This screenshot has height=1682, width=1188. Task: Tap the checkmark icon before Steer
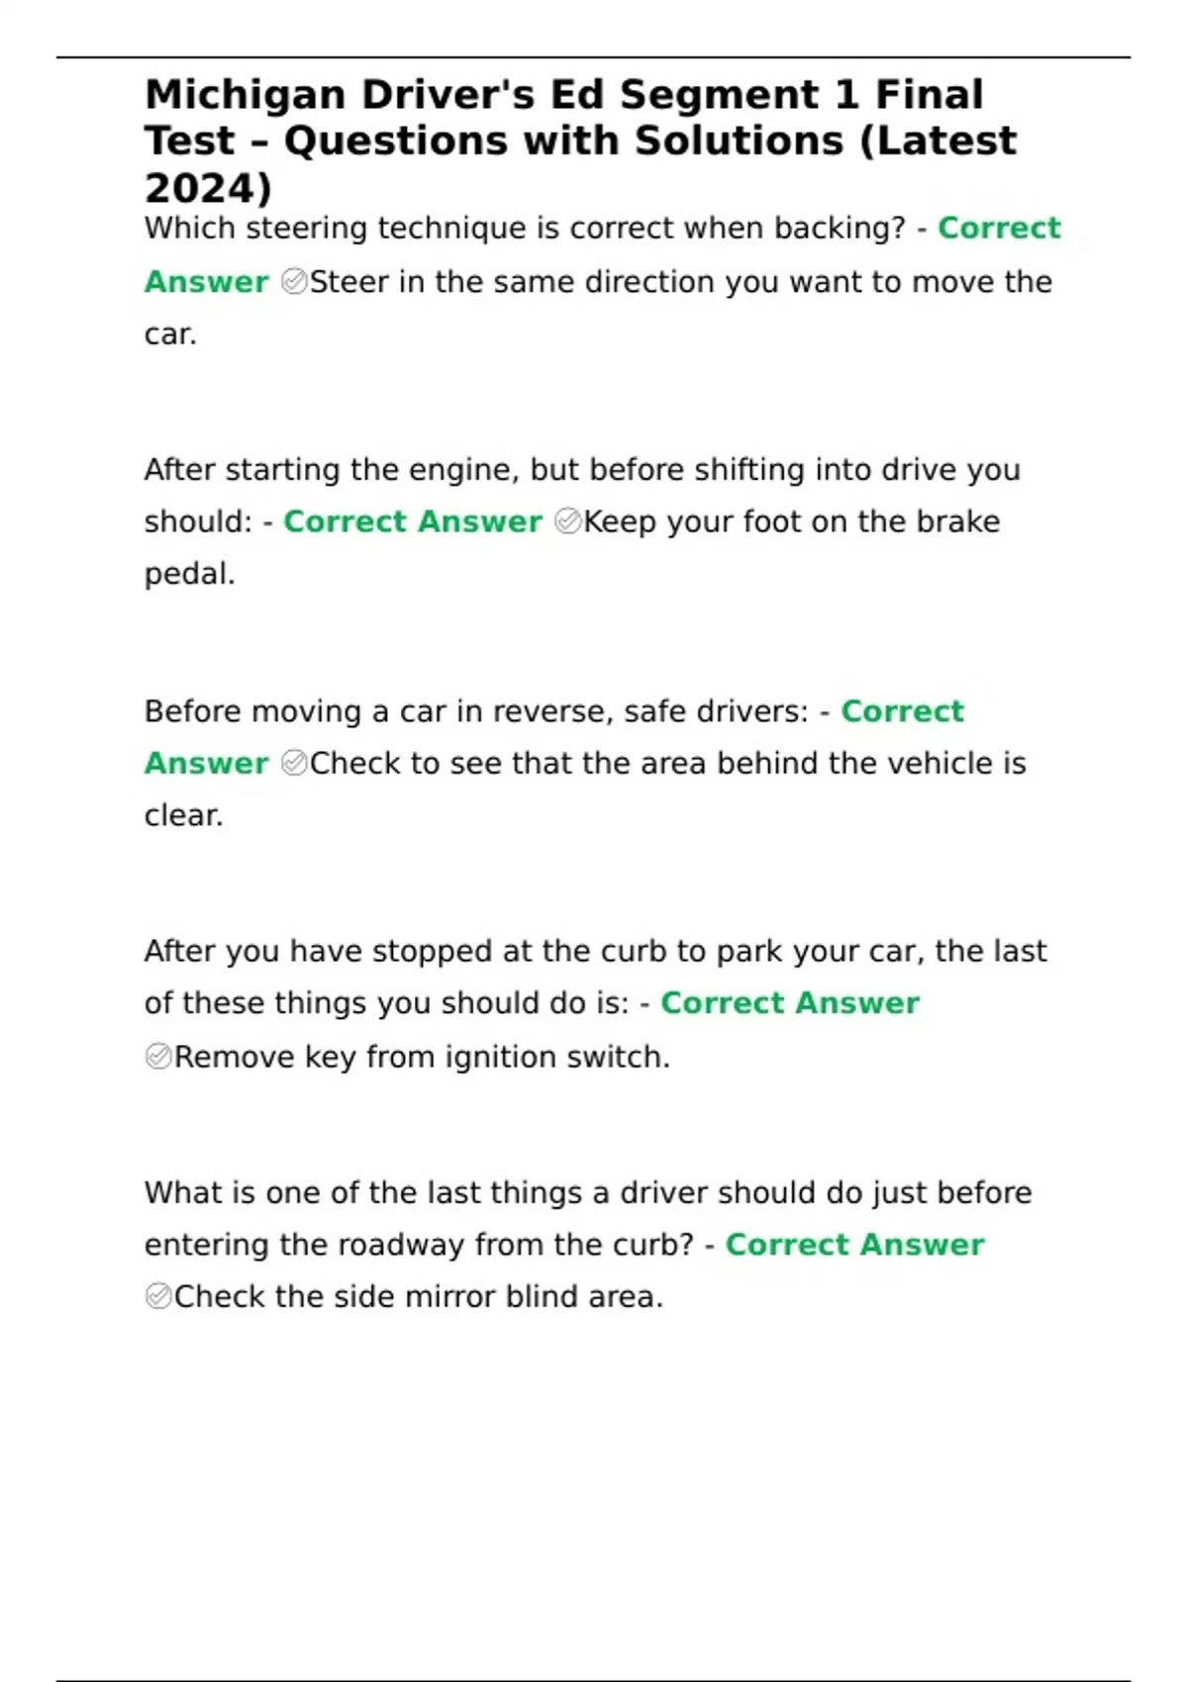294,282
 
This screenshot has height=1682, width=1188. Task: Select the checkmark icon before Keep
568,521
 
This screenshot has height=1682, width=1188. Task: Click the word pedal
189,574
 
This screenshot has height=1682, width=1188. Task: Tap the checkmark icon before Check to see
294,763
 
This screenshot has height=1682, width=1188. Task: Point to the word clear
183,815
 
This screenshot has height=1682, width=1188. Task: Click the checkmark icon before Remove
158,1057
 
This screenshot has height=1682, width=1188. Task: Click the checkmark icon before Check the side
158,1296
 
